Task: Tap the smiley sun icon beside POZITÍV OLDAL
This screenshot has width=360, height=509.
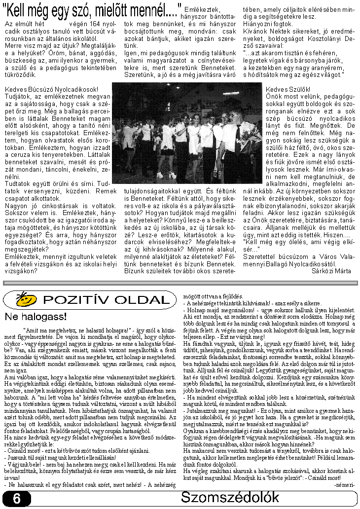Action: pyautogui.click(x=27, y=299)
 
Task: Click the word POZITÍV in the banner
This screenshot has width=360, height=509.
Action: pyautogui.click(x=74, y=299)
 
